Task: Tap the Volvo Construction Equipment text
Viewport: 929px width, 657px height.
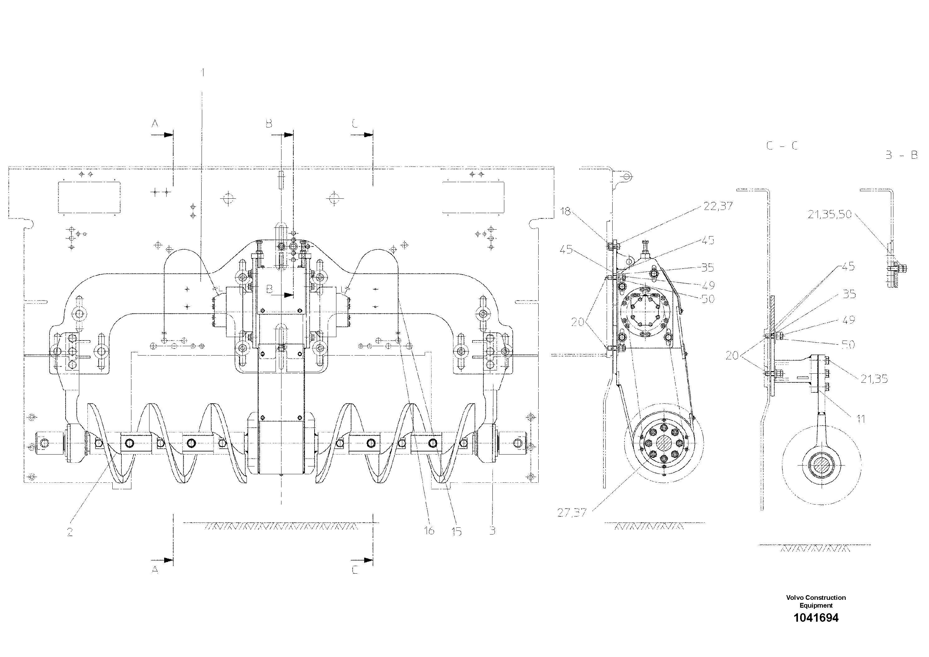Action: tap(816, 601)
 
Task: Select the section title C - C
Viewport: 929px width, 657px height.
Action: tap(782, 146)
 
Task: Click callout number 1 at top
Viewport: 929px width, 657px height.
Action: tap(203, 72)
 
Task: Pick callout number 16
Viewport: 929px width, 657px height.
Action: tap(429, 530)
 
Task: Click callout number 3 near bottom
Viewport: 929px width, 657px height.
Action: tap(492, 530)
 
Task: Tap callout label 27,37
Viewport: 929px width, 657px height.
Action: tap(571, 513)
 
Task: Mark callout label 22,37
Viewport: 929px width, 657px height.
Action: tap(718, 206)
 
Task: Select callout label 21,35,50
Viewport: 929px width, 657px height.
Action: tap(829, 215)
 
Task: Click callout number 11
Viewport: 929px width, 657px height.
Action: tap(861, 419)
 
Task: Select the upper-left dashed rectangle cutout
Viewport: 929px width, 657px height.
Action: tap(90, 197)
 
